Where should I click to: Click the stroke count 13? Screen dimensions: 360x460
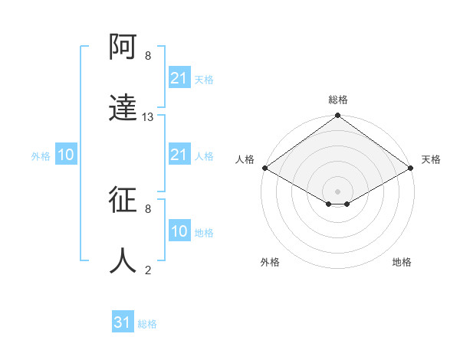pyautogui.click(x=148, y=117)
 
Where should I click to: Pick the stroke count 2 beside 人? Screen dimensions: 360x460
pyautogui.click(x=148, y=270)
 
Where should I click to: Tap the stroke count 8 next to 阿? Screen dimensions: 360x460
pyautogui.click(x=148, y=56)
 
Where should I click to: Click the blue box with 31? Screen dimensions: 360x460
pyautogui.click(x=123, y=322)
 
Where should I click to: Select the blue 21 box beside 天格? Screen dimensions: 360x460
pyautogui.click(x=179, y=78)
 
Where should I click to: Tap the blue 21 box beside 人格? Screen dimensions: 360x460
pyautogui.click(x=179, y=155)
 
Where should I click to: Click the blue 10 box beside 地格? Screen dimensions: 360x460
pyautogui.click(x=179, y=231)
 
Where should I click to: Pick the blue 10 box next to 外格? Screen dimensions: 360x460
pyautogui.click(x=66, y=155)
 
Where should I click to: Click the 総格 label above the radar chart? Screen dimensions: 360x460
pyautogui.click(x=338, y=100)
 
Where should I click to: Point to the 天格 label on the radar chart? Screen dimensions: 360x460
pyautogui.click(x=431, y=159)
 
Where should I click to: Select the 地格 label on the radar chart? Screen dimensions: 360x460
pyautogui.click(x=402, y=263)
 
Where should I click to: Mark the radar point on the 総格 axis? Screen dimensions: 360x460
pyautogui.click(x=338, y=116)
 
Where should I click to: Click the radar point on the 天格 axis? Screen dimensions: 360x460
pyautogui.click(x=411, y=168)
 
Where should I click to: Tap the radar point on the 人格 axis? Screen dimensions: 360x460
pyautogui.click(x=264, y=168)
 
